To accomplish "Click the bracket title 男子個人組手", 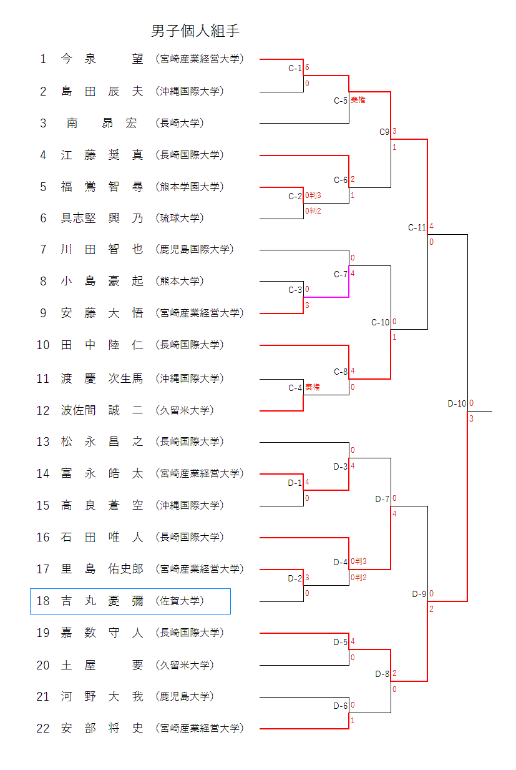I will click(x=195, y=31).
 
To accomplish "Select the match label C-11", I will click(x=417, y=227).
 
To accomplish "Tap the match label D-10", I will click(x=457, y=403).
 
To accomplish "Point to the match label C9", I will click(x=384, y=132).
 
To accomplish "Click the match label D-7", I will click(x=382, y=499).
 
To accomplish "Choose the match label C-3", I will click(x=295, y=290).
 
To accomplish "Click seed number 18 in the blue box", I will click(x=42, y=601).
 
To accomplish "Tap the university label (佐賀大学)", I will click(x=180, y=601).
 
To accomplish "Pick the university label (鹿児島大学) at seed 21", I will click(x=185, y=696).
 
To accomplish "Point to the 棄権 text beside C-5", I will click(x=358, y=100).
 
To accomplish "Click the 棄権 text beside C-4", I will click(x=312, y=388).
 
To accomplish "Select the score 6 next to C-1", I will click(x=307, y=67).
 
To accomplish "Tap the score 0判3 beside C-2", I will click(x=313, y=196).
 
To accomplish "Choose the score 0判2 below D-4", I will click(x=358, y=578).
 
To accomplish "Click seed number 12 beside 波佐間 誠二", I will click(x=42, y=410).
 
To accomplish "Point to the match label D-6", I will click(x=340, y=706).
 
